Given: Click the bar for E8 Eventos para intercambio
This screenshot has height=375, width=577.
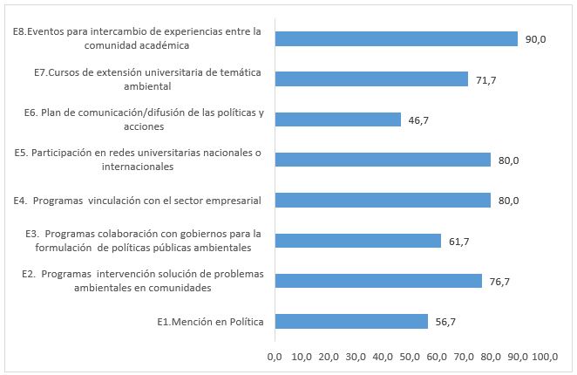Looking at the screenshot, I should click(x=396, y=38).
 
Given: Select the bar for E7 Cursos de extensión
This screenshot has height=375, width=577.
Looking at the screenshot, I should click(x=371, y=79).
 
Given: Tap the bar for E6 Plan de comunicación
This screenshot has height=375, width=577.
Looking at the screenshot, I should click(x=337, y=119).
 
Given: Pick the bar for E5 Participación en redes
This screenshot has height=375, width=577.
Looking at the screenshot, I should click(x=383, y=160).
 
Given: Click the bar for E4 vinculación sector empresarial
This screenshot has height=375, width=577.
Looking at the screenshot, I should click(x=383, y=201).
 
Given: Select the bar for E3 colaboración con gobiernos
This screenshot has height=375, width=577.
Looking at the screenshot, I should click(x=357, y=241).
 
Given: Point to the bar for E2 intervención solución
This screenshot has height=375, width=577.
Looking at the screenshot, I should click(x=378, y=281).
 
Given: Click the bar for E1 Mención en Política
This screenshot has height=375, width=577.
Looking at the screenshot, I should click(x=351, y=322).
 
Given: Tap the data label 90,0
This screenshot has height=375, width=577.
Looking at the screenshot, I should click(x=535, y=39).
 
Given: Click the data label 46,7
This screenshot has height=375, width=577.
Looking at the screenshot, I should click(x=418, y=120).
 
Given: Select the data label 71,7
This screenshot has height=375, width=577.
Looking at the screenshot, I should click(x=485, y=79).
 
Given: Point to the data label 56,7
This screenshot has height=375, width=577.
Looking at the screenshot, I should click(x=445, y=322).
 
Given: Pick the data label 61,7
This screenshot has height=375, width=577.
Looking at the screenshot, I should click(x=458, y=242).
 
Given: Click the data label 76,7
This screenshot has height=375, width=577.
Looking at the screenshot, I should click(x=499, y=282).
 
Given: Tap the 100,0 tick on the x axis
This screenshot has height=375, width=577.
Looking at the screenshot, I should click(x=546, y=358).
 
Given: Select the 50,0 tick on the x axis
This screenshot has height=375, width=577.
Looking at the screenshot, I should click(x=410, y=358).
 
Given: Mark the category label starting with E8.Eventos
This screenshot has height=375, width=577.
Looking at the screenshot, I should click(x=138, y=38).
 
